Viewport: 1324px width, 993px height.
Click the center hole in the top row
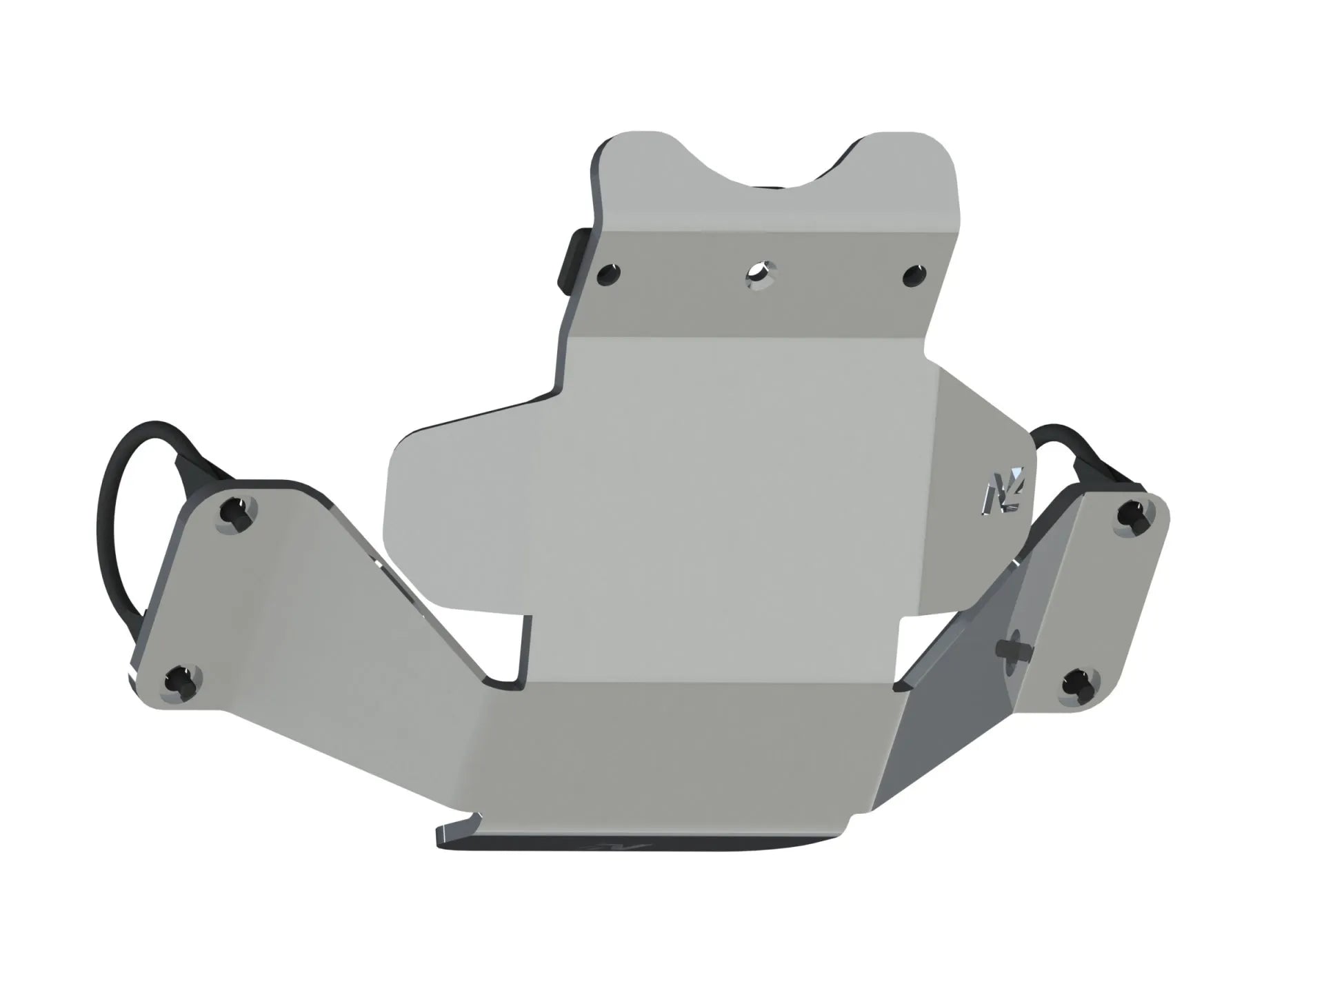tap(760, 275)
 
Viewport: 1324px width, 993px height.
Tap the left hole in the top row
tap(610, 275)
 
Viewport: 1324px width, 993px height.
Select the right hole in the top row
tap(914, 276)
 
